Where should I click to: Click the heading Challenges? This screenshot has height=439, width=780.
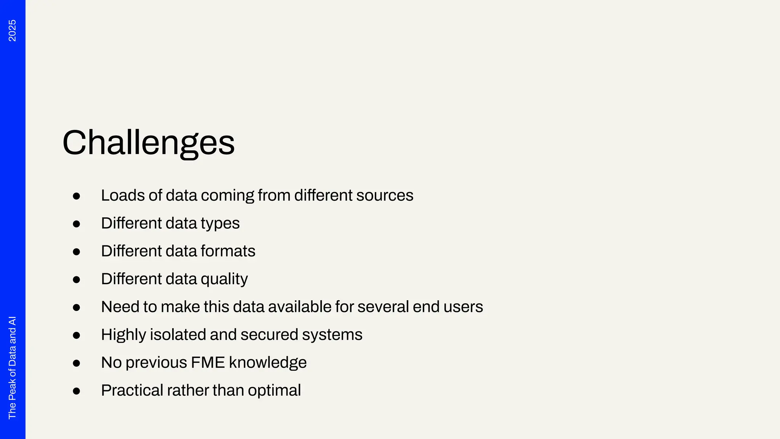(x=149, y=143)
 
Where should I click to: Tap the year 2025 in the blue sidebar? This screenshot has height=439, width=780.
(x=12, y=30)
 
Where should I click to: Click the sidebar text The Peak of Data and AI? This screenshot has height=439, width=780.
(x=12, y=367)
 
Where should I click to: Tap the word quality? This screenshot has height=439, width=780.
(x=224, y=279)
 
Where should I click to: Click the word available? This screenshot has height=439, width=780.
(x=300, y=307)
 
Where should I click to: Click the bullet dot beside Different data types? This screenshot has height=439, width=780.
(x=77, y=224)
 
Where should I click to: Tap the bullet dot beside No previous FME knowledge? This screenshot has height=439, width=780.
(x=77, y=363)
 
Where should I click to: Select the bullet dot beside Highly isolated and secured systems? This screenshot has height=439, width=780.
(x=77, y=335)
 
